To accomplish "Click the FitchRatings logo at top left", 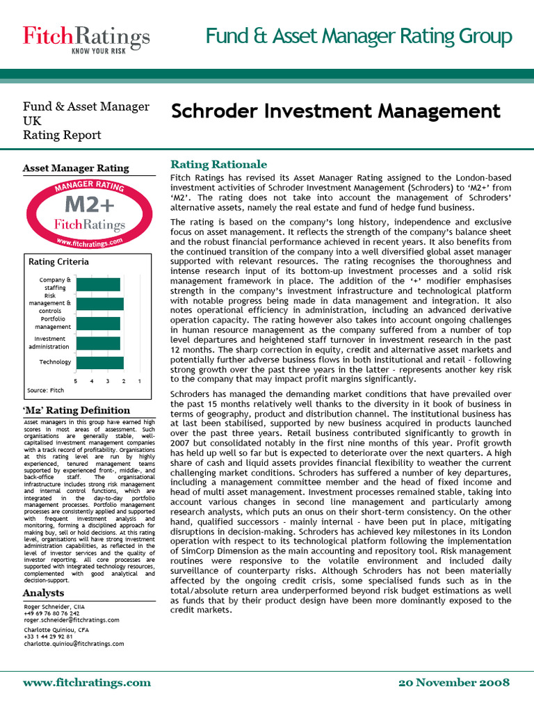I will point(86,36).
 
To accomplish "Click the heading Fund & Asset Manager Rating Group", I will point(359,36).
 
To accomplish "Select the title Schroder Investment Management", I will point(335,111).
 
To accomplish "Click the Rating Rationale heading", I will point(219,164).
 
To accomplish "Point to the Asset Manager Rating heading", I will point(76,168).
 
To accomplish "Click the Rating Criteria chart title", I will point(58,261).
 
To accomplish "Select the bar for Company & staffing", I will point(98,284).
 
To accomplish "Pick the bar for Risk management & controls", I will point(99,304).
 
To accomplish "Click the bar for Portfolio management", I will point(98,323).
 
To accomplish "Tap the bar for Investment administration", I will point(98,343).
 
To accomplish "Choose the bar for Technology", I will point(99,362).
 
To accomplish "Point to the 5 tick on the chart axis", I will point(75,380).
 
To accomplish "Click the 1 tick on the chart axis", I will point(140,380).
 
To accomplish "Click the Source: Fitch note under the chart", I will point(45,391).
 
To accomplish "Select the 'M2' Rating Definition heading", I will point(76,410).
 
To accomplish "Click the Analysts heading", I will point(43,593).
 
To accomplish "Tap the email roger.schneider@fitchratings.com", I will point(71,620).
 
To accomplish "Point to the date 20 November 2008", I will point(454,682).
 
